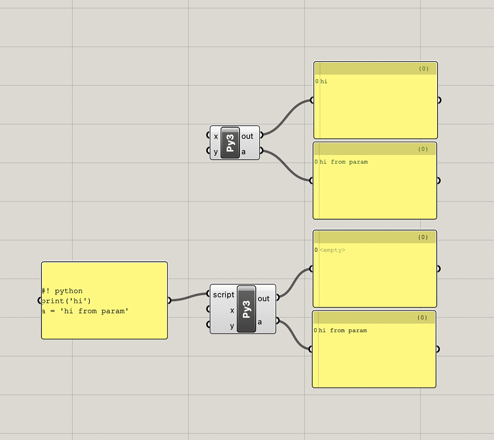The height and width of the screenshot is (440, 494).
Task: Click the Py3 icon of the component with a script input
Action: pos(246,309)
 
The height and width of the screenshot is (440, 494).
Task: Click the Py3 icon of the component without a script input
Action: pos(230,143)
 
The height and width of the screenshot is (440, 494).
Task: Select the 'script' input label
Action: pos(223,294)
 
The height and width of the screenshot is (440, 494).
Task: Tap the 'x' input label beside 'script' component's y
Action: pos(232,311)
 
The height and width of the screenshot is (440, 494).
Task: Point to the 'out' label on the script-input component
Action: pos(263,299)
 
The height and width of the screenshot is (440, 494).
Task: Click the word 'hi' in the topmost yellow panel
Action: pos(324,81)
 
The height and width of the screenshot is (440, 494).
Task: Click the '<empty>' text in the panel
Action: pos(332,250)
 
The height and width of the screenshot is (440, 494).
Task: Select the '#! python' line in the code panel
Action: pos(63,291)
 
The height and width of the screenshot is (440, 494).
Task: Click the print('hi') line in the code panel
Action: pos(66,301)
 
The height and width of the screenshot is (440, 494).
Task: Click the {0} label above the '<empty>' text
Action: pos(423,237)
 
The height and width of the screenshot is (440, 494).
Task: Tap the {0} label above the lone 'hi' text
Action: pos(424,69)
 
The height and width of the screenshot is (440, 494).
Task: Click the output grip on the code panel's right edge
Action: pos(169,301)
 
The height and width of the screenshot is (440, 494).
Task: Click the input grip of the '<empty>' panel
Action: pos(312,269)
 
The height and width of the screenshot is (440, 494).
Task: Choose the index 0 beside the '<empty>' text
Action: pos(316,250)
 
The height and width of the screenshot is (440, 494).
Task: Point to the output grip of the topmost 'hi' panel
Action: pos(439,100)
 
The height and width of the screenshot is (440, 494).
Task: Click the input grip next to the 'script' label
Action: pos(209,294)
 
